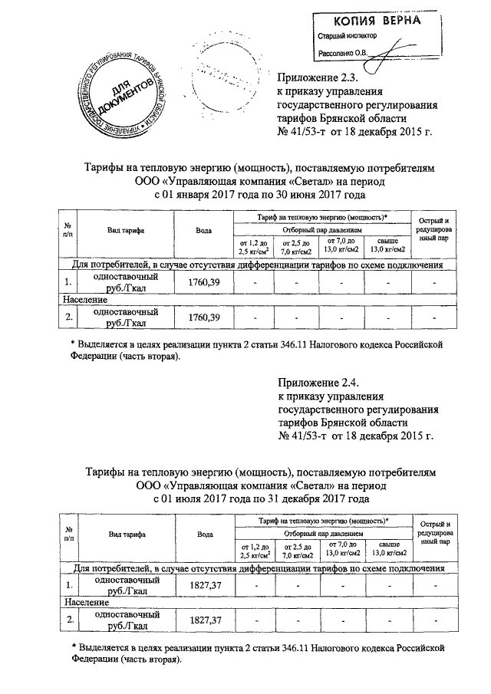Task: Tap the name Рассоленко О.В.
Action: click(343, 52)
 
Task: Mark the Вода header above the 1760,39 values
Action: click(204, 230)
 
